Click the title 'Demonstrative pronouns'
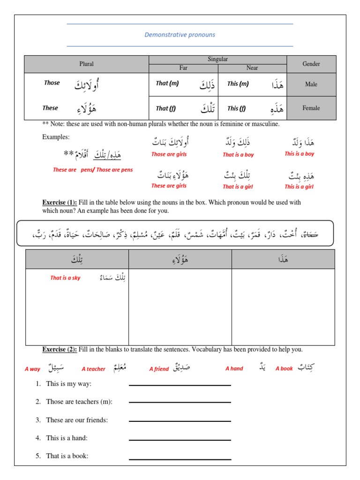[180, 35]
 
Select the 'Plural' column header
[87, 64]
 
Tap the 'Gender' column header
[311, 64]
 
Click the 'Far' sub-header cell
[183, 68]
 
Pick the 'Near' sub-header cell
[252, 68]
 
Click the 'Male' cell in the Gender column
[311, 84]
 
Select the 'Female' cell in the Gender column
[311, 108]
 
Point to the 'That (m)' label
[167, 83]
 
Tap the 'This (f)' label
[236, 109]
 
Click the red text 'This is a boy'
[299, 154]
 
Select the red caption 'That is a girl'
[238, 187]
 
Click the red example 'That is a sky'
[65, 278]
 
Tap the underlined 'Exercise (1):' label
[60, 202]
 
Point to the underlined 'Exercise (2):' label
[60, 349]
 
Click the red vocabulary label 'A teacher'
[93, 369]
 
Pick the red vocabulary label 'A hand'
[234, 368]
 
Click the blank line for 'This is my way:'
[180, 385]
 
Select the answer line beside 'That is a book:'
[180, 459]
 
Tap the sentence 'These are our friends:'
[77, 420]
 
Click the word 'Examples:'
[56, 137]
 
